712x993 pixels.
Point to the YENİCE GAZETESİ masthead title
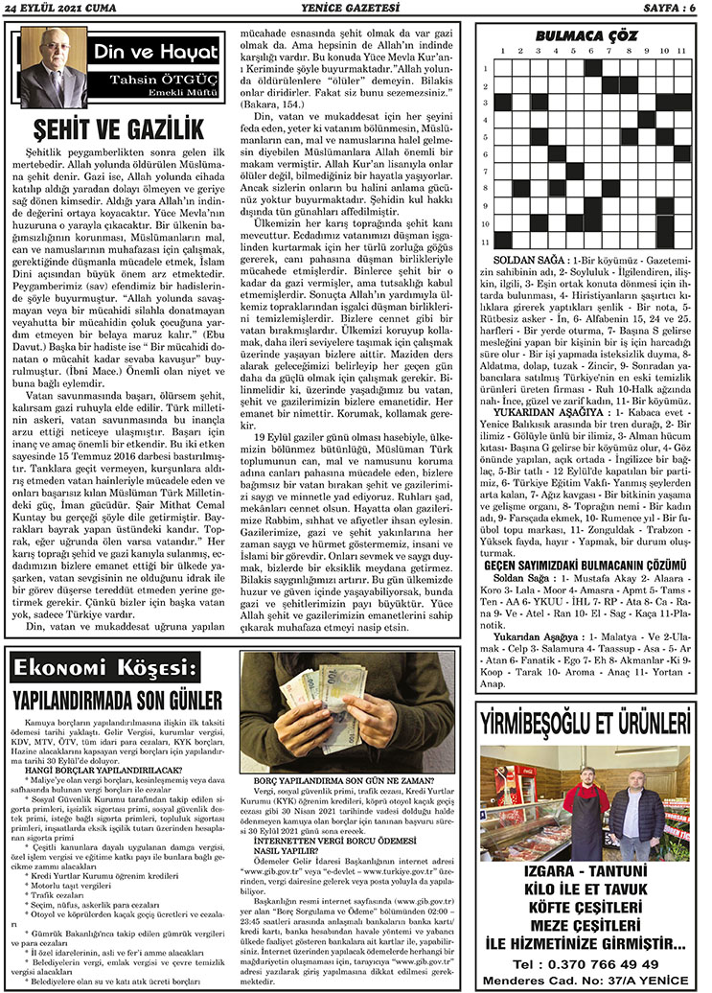pos(355,10)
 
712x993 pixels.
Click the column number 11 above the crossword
pos(681,50)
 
